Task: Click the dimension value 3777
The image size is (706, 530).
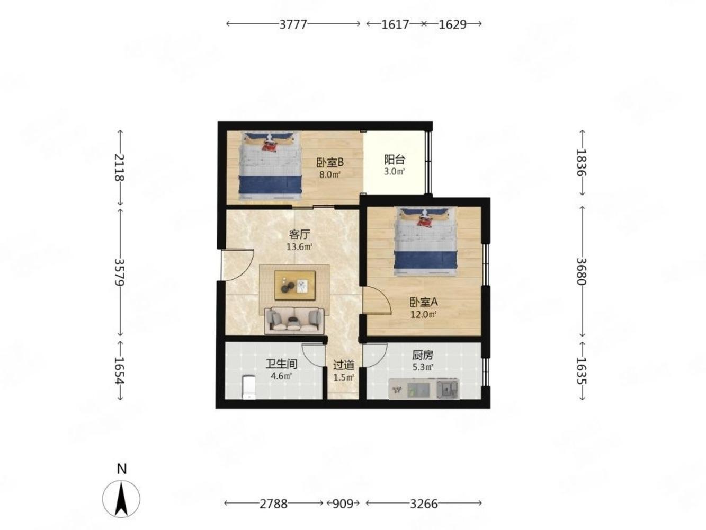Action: click(293, 24)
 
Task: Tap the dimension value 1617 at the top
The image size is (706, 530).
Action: click(395, 24)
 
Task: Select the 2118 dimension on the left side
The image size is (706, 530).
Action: click(119, 167)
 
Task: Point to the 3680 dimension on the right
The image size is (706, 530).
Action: click(582, 271)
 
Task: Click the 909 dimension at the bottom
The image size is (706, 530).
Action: click(343, 503)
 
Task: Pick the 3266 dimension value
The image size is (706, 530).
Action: click(424, 503)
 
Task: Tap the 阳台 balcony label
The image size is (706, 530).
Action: click(395, 160)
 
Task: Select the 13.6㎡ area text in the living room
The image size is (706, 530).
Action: click(299, 247)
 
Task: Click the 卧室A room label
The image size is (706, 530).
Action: click(424, 302)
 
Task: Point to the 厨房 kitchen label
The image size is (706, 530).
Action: click(423, 355)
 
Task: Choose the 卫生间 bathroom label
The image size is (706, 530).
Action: click(281, 364)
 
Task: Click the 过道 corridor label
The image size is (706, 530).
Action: click(344, 365)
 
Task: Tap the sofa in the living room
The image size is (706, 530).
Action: click(294, 321)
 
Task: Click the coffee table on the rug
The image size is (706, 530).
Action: click(294, 285)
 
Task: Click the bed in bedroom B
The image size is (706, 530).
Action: click(270, 167)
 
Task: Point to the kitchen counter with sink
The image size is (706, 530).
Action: click(424, 389)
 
